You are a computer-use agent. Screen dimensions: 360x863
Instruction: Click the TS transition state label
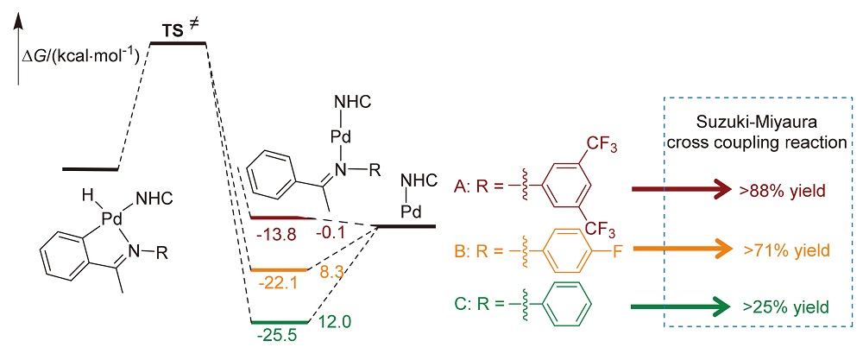click(x=177, y=31)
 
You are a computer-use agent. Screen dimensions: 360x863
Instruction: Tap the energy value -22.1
click(x=273, y=281)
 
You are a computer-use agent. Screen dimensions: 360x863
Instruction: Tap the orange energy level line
click(x=278, y=269)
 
